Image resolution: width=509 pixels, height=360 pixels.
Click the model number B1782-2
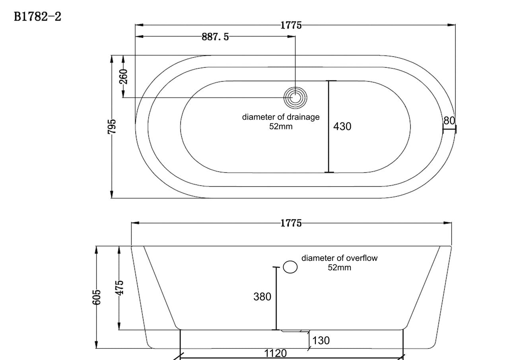(37, 17)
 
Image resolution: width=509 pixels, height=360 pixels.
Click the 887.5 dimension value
(215, 37)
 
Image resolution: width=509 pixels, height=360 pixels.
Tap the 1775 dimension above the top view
(291, 25)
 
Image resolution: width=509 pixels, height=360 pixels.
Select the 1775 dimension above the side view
(291, 223)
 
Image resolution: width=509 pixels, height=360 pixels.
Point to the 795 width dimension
(112, 127)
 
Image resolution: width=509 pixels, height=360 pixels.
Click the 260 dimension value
(123, 77)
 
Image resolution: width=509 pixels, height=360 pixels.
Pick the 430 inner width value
(342, 126)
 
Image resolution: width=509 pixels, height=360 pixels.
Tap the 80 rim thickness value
(449, 121)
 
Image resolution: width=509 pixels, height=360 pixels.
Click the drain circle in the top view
(295, 98)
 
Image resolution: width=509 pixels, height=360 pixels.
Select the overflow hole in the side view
(290, 267)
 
